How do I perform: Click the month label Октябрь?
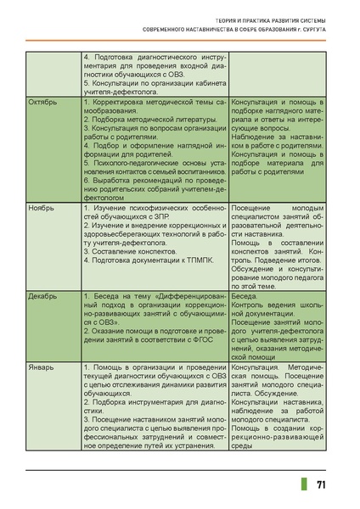pos(43,102)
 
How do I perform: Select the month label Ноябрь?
pos(42,207)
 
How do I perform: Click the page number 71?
pos(323,484)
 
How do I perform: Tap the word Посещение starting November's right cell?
pos(252,207)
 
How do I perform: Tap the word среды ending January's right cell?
pos(243,446)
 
